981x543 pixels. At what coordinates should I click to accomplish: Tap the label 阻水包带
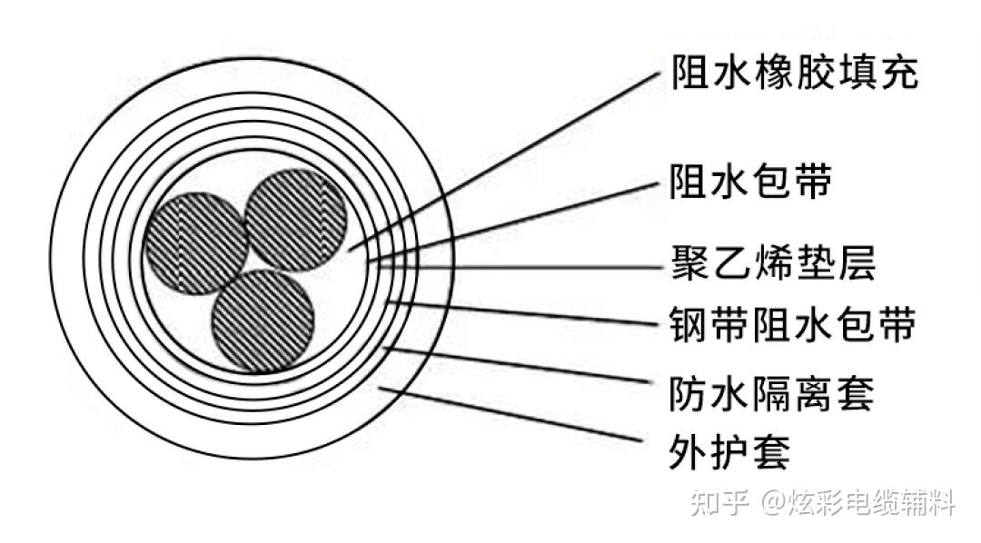click(750, 183)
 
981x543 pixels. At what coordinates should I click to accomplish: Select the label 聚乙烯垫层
click(771, 267)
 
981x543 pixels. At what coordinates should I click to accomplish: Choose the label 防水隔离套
click(771, 394)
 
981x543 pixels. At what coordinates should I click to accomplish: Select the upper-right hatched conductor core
click(296, 220)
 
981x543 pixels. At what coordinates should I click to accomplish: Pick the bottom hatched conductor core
click(263, 321)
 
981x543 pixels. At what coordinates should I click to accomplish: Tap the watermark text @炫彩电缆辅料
click(858, 502)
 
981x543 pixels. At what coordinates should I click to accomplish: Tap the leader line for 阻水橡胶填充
click(509, 161)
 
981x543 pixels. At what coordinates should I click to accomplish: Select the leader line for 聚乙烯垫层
click(518, 268)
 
